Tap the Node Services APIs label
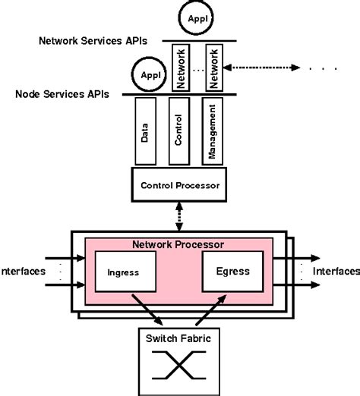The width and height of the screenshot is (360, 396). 62,95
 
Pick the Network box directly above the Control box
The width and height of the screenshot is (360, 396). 180,68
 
